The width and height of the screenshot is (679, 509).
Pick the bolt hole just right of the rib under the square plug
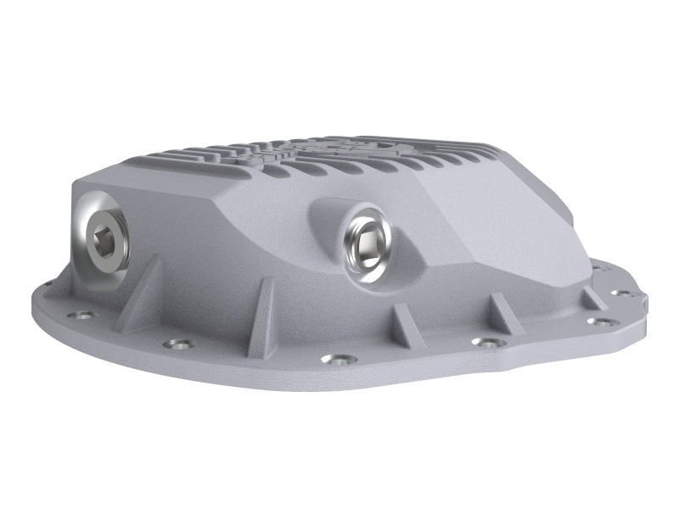click(x=485, y=343)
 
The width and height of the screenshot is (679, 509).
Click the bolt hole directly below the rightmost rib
click(x=599, y=322)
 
